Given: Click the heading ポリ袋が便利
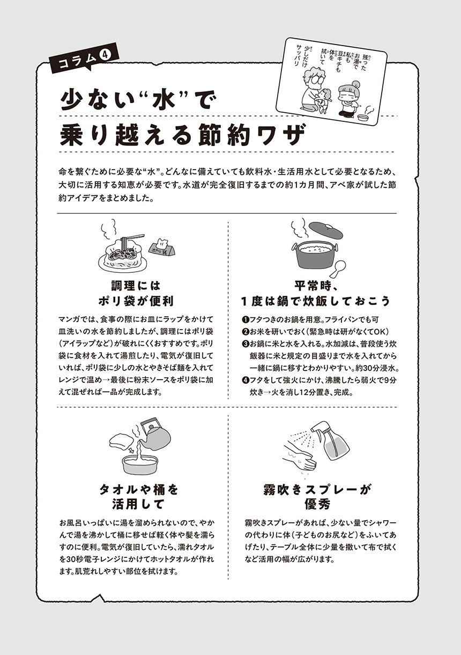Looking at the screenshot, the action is (x=136, y=301).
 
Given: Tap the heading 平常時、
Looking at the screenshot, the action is (x=316, y=286).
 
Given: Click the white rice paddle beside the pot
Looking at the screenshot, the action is (x=339, y=269).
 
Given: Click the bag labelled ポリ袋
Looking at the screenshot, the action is (x=162, y=249).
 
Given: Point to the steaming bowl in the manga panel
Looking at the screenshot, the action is (x=363, y=117).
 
